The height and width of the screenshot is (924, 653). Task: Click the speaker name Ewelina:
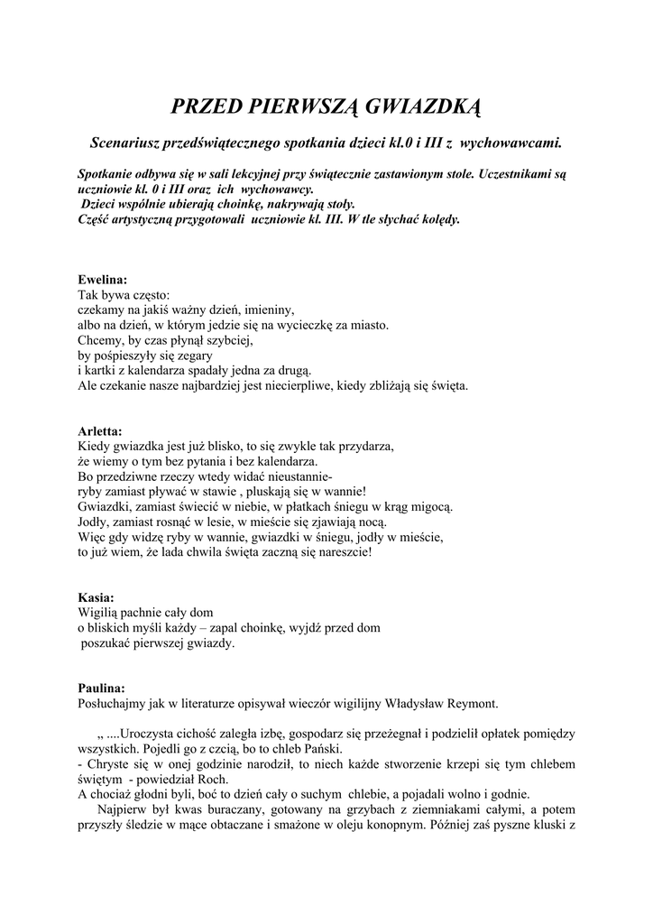103,280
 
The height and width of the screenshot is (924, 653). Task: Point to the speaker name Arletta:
100,431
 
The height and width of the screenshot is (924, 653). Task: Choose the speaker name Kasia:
96,597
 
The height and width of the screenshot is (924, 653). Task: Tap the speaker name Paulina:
101,688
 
